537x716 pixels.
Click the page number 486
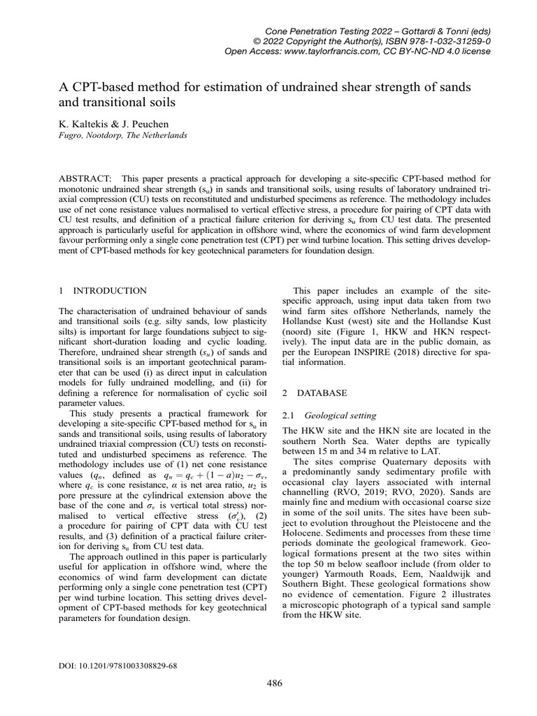tap(275, 683)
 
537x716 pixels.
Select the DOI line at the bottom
tap(118, 666)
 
